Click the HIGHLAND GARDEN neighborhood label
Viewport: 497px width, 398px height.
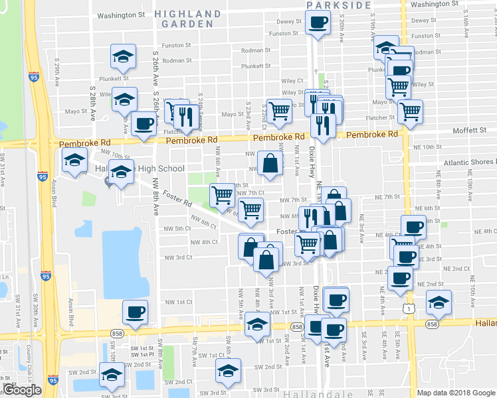pyautogui.click(x=188, y=18)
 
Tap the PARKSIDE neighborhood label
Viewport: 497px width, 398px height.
pyautogui.click(x=339, y=5)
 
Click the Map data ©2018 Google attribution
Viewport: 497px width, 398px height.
pyautogui.click(x=456, y=393)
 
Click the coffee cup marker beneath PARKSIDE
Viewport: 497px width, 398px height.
pyautogui.click(x=318, y=23)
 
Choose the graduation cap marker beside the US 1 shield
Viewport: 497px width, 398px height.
pyautogui.click(x=439, y=302)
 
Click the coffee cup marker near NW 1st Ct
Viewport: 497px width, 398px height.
pyautogui.click(x=136, y=312)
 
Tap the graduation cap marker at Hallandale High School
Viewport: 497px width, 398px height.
pyautogui.click(x=122, y=172)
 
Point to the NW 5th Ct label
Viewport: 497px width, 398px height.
pyautogui.click(x=178, y=228)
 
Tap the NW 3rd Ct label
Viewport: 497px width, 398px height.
pyautogui.click(x=179, y=257)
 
